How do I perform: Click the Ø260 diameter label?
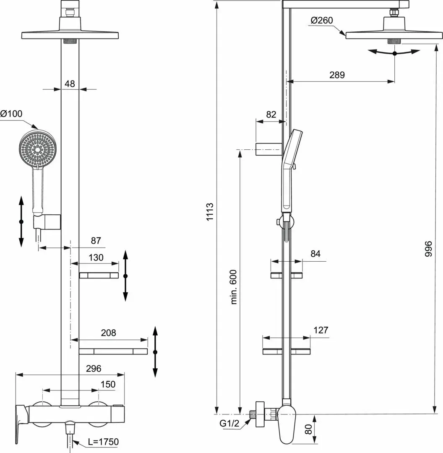(322, 20)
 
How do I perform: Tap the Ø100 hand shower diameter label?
(11, 114)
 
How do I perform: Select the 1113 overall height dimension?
(210, 212)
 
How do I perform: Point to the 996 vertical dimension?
(428, 249)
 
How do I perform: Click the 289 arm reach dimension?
(337, 75)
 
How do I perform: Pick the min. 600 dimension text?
(234, 287)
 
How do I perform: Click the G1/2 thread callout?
(229, 423)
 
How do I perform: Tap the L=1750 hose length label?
(103, 442)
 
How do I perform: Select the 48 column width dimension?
(70, 84)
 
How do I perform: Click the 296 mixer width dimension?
(94, 368)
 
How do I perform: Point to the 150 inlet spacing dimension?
(108, 384)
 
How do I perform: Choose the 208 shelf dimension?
(108, 333)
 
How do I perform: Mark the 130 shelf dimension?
(96, 258)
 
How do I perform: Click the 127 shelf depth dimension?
(321, 330)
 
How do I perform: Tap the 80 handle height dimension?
(308, 429)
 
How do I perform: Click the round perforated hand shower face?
(38, 148)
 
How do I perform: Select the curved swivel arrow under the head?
(394, 52)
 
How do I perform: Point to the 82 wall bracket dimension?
(271, 115)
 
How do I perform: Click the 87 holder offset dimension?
(96, 240)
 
